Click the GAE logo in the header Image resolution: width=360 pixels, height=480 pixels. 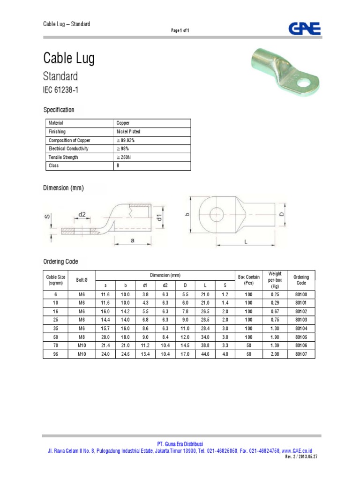click(x=304, y=29)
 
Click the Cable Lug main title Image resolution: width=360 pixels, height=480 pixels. click(x=69, y=58)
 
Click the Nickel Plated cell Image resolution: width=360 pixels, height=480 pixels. click(x=128, y=132)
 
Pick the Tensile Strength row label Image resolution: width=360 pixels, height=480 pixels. click(x=63, y=157)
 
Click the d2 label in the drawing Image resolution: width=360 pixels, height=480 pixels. click(x=82, y=214)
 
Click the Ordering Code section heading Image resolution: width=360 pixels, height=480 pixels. click(x=60, y=262)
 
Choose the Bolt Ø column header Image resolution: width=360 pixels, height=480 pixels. click(x=82, y=280)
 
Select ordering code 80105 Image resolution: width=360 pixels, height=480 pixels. click(x=301, y=337)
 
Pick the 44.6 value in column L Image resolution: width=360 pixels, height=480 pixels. click(x=206, y=354)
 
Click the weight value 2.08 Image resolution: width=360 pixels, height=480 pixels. click(x=275, y=354)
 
